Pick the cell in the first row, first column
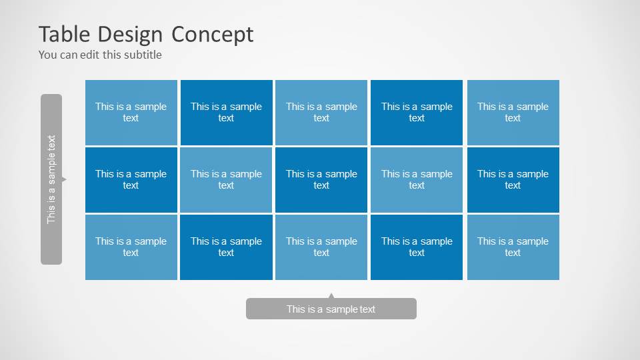pos(131,112)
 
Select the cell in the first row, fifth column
pos(513,112)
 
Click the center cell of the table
pos(321,179)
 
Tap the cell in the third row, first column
pos(131,247)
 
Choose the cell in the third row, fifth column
pos(513,247)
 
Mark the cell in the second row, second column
pos(226,179)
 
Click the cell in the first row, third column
pos(321,112)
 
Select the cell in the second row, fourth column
pos(417,179)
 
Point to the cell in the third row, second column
pos(226,247)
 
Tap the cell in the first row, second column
pos(226,112)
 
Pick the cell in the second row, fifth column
pos(513,179)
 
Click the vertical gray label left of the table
pos(51,179)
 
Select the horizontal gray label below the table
pos(331,309)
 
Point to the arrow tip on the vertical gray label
pos(65,179)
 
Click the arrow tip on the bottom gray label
pos(331,295)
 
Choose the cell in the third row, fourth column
pos(417,247)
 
